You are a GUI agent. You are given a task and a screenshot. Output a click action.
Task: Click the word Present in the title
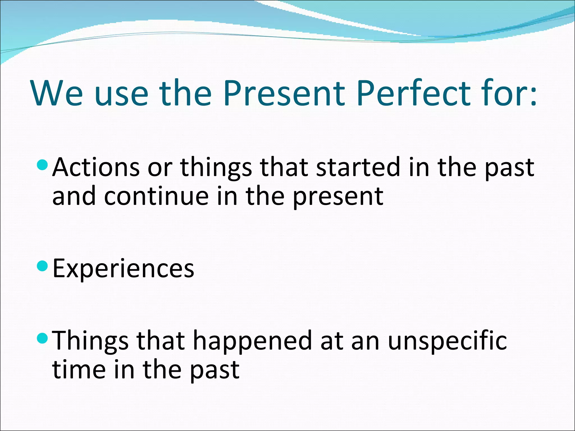click(284, 93)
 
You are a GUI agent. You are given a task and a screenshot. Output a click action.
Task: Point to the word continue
click(156, 196)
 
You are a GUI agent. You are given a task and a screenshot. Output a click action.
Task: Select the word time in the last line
click(79, 370)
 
